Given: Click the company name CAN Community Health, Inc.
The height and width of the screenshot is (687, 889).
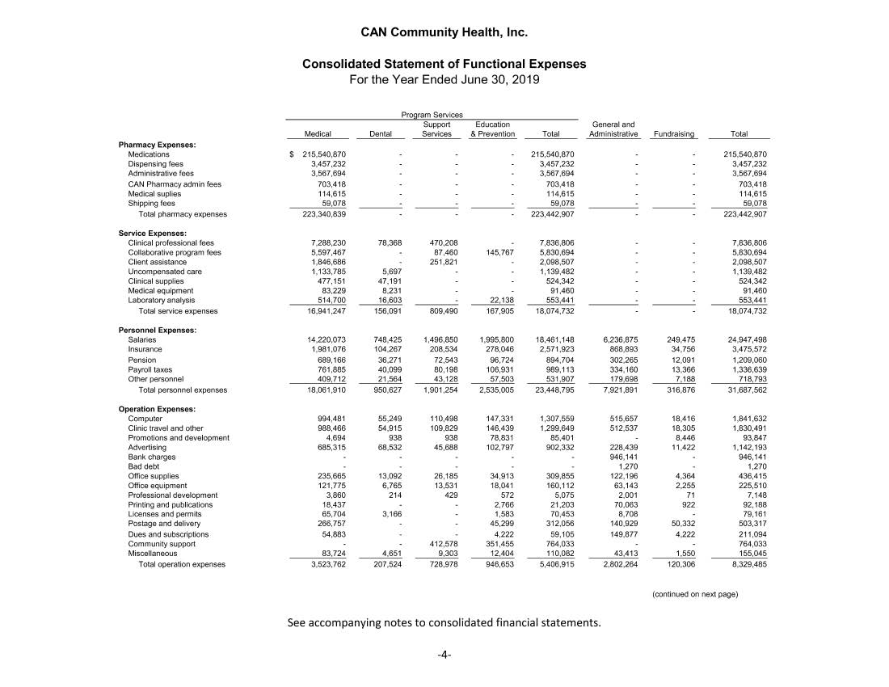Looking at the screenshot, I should click(x=444, y=33).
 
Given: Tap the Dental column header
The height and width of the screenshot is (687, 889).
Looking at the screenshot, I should click(x=380, y=134).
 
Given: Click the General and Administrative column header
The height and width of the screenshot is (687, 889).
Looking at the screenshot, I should click(x=613, y=129).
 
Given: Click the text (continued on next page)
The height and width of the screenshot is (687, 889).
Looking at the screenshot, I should click(x=695, y=594).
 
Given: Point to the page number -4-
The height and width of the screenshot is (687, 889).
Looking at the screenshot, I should click(x=444, y=655).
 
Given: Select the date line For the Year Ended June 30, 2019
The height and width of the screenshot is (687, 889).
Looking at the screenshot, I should click(x=444, y=79).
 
